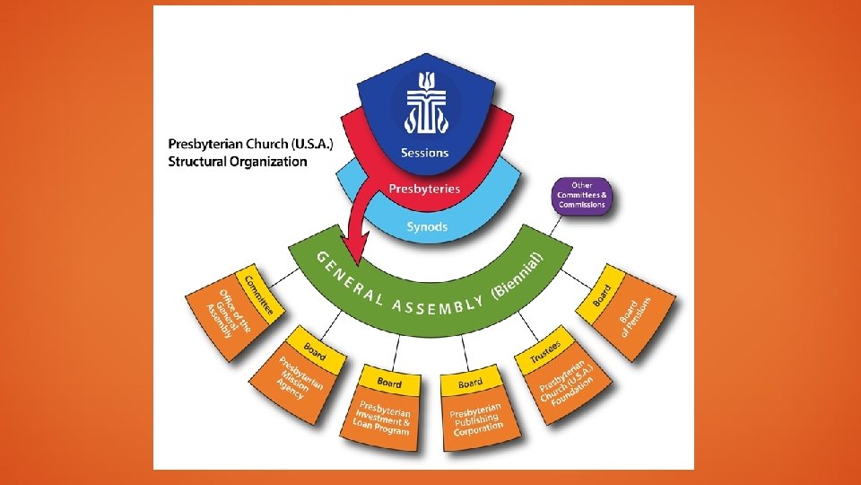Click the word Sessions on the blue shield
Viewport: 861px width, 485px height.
(x=425, y=153)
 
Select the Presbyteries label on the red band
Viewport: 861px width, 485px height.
(x=424, y=189)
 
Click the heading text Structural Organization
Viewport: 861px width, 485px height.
(x=238, y=162)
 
